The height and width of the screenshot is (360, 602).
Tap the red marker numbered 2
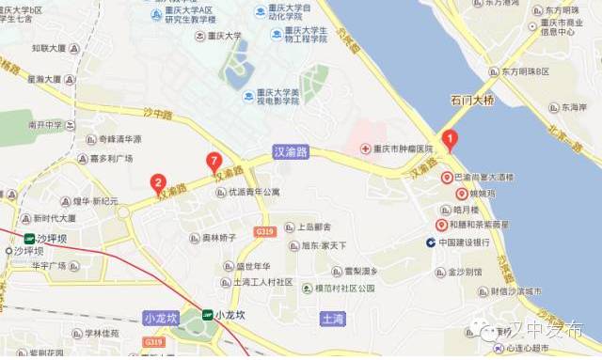click(x=158, y=183)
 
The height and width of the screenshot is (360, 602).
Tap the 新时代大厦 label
click(x=49, y=218)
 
